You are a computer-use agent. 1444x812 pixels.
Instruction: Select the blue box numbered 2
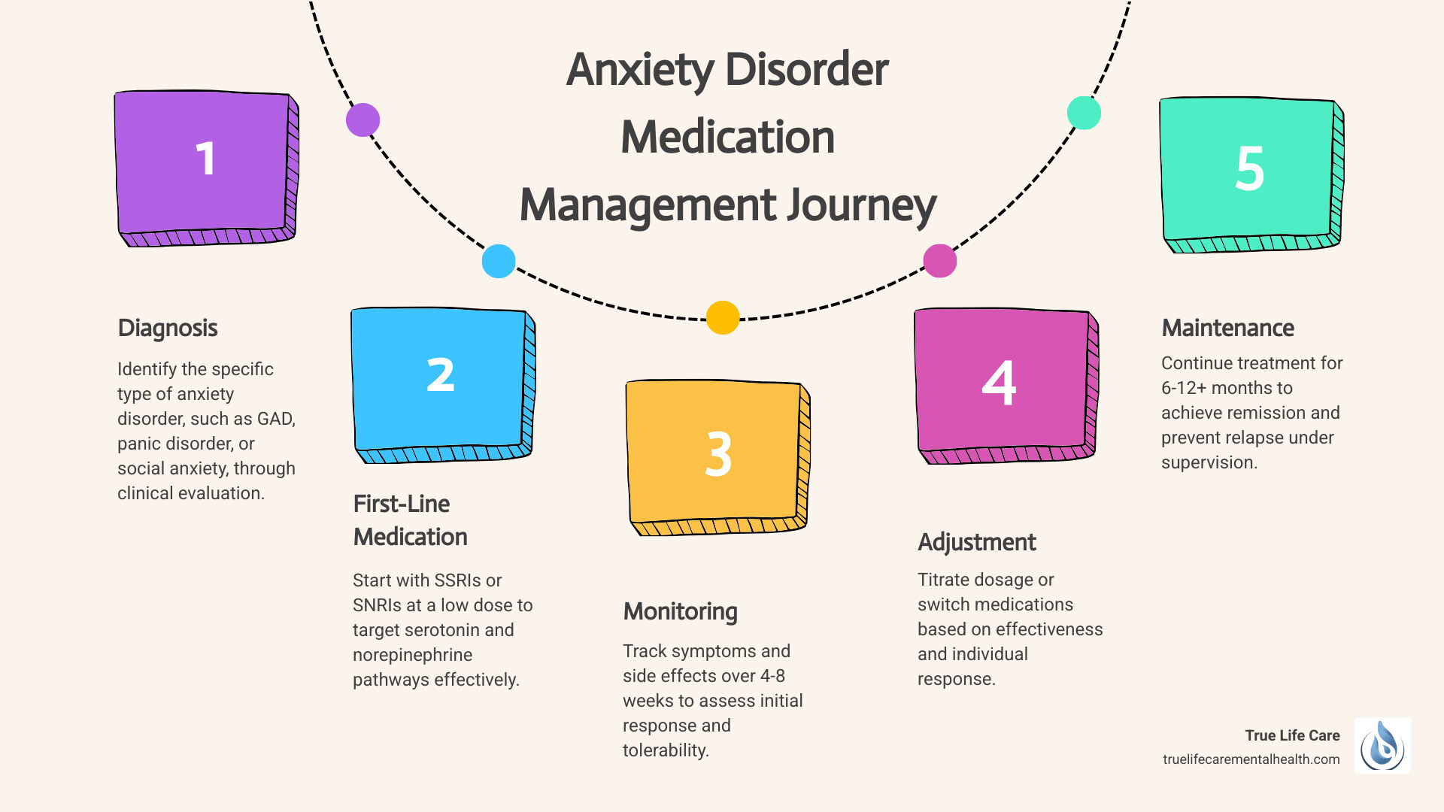(441, 382)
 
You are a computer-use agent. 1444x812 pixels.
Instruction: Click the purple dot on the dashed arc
(363, 120)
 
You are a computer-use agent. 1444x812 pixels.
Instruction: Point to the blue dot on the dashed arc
(499, 262)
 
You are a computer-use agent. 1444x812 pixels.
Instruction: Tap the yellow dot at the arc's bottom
(723, 317)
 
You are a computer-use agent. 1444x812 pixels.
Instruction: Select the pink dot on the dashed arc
(939, 261)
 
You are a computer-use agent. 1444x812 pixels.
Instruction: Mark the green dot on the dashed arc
(1084, 113)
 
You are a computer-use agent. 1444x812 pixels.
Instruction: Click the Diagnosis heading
(168, 329)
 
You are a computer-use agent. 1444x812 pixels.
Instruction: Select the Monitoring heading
(680, 612)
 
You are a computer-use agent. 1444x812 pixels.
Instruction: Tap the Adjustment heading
(976, 543)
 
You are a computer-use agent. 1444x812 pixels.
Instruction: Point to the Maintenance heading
(1227, 329)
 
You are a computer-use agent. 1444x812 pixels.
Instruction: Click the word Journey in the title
(862, 205)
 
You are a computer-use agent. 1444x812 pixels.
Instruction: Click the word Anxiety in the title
(640, 70)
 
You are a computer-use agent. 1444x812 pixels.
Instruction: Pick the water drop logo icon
(1382, 746)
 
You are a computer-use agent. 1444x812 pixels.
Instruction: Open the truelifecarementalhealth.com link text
(1251, 759)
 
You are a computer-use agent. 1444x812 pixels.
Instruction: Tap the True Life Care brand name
(1292, 735)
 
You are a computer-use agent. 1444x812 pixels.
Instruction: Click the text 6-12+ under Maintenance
(1185, 389)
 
